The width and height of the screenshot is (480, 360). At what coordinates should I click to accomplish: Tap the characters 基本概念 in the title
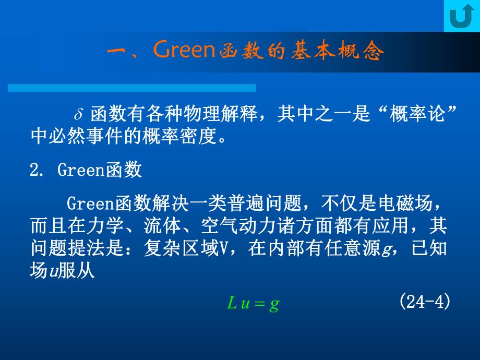(x=333, y=52)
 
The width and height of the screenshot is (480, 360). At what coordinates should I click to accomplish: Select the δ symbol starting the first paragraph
(x=79, y=114)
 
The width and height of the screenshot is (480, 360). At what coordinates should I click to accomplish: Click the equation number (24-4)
(x=424, y=302)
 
